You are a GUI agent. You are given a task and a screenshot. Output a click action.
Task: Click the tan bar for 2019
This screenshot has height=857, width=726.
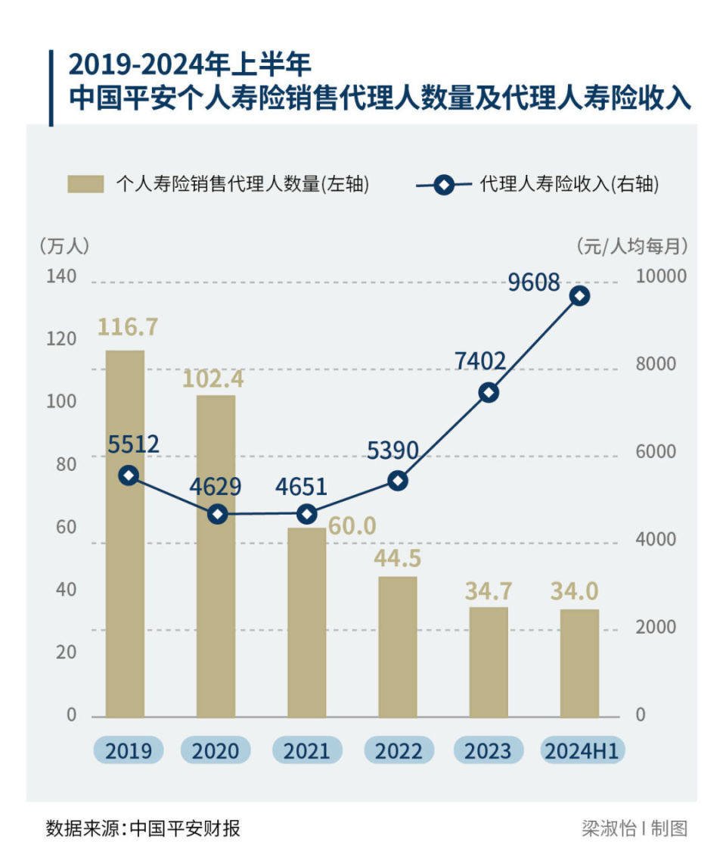pos(125,533)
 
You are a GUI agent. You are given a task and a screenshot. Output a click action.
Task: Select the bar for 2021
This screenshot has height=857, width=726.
pos(307,622)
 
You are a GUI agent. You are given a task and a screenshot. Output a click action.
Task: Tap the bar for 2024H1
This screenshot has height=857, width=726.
pos(580,662)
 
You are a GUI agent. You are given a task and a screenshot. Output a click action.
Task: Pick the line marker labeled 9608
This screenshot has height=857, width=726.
pos(580,296)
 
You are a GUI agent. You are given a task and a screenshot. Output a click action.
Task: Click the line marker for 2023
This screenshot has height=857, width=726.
pos(489,392)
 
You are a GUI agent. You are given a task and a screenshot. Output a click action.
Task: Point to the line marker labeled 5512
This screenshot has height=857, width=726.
pos(129,475)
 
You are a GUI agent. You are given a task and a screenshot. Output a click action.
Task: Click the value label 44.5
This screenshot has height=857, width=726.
pos(398,559)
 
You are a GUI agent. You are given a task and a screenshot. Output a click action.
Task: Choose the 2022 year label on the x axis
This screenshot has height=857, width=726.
pos(399,750)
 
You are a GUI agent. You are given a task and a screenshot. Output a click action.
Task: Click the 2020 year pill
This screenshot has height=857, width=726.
pos(216,750)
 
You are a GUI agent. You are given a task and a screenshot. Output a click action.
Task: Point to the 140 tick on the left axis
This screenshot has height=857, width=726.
pos(62,276)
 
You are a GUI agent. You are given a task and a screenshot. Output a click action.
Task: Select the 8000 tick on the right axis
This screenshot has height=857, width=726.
pos(655,364)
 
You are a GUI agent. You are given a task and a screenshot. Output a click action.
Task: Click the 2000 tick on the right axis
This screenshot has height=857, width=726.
pos(655,628)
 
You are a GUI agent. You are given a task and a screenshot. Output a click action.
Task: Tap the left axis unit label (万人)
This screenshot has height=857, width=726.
pos(64,245)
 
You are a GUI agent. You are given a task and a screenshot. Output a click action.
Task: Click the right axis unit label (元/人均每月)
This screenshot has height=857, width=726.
pos(631,245)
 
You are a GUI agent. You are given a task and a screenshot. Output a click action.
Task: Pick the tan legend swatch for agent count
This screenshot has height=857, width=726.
pos(85,184)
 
